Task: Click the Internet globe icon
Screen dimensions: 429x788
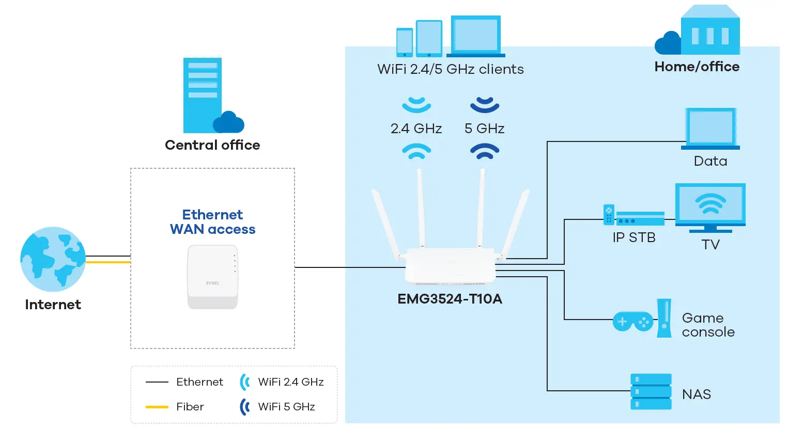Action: pos(53,259)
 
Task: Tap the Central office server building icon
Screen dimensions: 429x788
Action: pos(203,96)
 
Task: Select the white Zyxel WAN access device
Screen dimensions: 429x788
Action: pos(212,277)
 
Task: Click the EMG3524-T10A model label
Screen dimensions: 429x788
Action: pos(450,299)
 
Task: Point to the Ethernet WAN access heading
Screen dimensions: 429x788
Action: pos(212,222)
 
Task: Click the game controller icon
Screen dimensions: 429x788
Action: pos(632,322)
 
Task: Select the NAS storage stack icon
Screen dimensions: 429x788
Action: pos(651,392)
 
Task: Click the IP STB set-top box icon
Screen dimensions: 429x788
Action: pos(640,218)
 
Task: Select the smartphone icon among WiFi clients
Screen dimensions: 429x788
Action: pos(404,42)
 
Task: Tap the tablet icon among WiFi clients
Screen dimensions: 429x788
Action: pos(429,39)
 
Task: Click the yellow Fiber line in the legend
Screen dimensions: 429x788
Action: pos(157,407)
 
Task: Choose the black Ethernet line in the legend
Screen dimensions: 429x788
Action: pos(157,382)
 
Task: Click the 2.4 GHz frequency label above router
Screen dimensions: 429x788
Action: pos(416,129)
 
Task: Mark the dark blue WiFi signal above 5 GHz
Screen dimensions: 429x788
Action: pos(484,105)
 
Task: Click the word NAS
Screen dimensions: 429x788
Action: pos(696,394)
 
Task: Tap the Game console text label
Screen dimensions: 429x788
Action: pos(707,325)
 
